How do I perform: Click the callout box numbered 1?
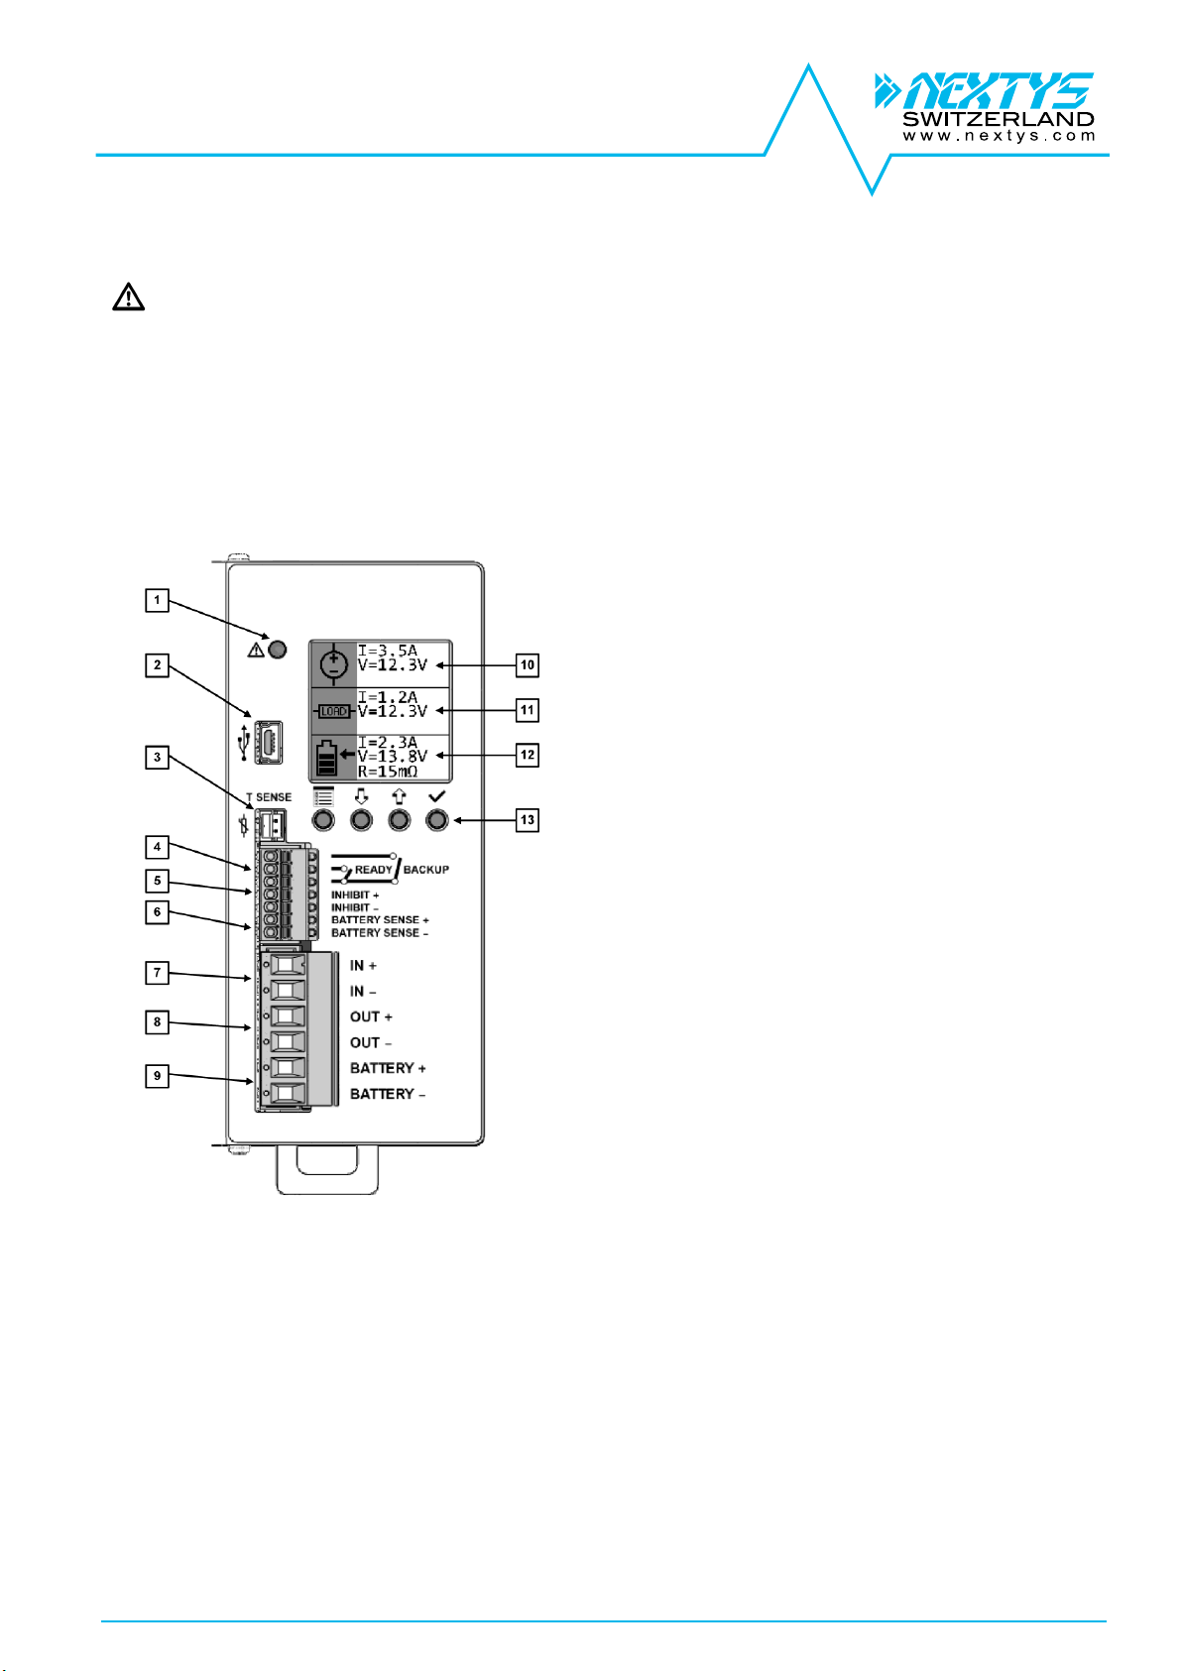[157, 601]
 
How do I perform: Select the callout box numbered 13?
[528, 820]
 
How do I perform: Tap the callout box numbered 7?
[157, 973]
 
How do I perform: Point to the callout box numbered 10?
[528, 665]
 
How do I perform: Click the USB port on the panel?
[269, 742]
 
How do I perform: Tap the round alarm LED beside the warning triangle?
[278, 650]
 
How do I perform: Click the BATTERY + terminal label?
[388, 1068]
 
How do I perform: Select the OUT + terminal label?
[371, 1016]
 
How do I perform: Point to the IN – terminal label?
[362, 992]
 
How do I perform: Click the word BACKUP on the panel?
[425, 870]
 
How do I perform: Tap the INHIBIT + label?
[355, 895]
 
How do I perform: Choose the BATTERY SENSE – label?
[380, 933]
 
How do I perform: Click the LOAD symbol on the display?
[333, 712]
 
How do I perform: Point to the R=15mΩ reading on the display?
[388, 772]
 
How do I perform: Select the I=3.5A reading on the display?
[388, 651]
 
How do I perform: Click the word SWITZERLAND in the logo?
[999, 119]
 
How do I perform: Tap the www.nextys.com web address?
[999, 136]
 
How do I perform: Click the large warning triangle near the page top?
[128, 297]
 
